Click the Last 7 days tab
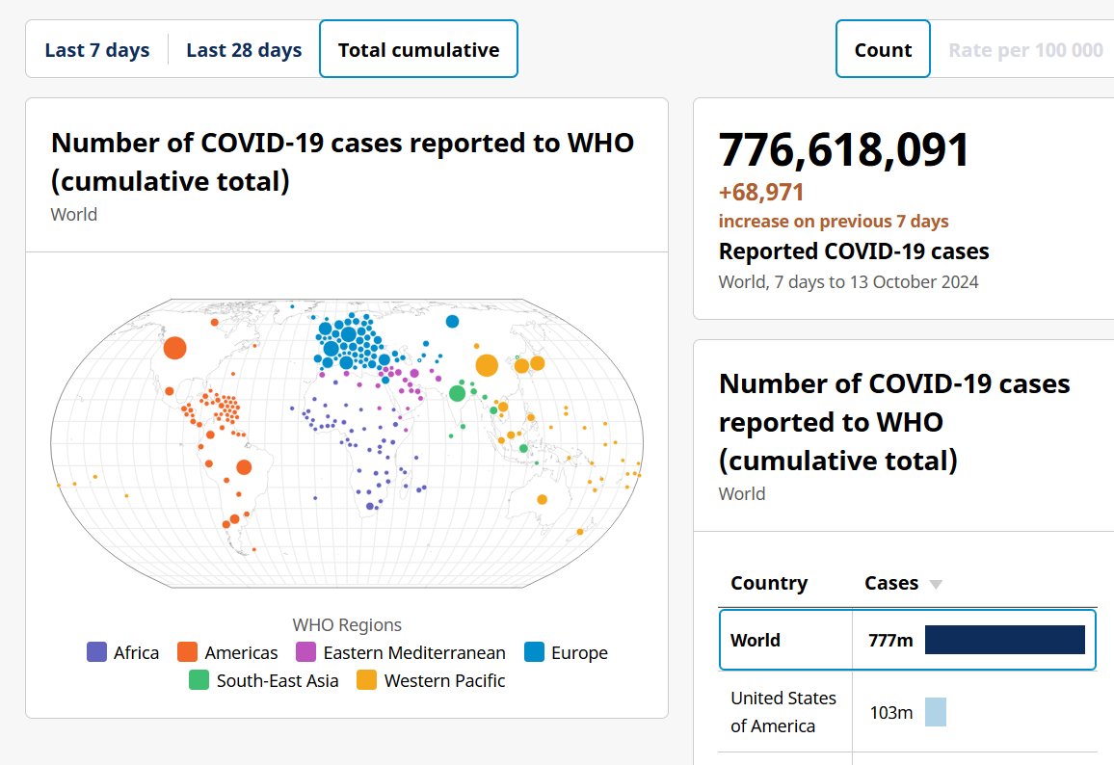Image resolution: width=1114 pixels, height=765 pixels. pos(97,50)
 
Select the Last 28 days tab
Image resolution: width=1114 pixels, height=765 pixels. pos(244,50)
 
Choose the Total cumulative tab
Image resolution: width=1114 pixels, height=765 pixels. pos(418,50)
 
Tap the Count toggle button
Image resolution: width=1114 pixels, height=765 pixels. pos(883,50)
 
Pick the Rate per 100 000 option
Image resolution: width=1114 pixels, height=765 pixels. pos(1025,50)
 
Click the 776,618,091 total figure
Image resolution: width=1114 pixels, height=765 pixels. pos(844,150)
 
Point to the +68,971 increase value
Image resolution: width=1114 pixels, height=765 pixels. pos(761,193)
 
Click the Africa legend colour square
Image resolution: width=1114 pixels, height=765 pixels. pos(96,652)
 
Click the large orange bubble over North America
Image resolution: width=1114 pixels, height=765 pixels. pos(174,348)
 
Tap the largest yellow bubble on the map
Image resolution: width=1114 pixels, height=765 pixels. pos(487,366)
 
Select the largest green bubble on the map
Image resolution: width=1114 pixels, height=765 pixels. pos(458,393)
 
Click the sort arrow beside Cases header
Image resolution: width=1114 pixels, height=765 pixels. pos(935,584)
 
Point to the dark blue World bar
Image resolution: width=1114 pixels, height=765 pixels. pos(1004,640)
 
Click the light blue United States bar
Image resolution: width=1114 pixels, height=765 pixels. pos(935,712)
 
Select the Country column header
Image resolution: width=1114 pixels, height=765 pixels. pos(769,583)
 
